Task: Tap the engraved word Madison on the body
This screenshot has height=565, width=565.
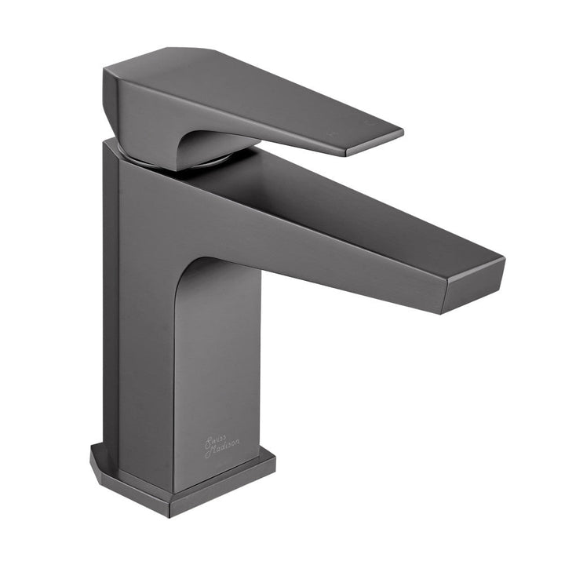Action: pos(224,447)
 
